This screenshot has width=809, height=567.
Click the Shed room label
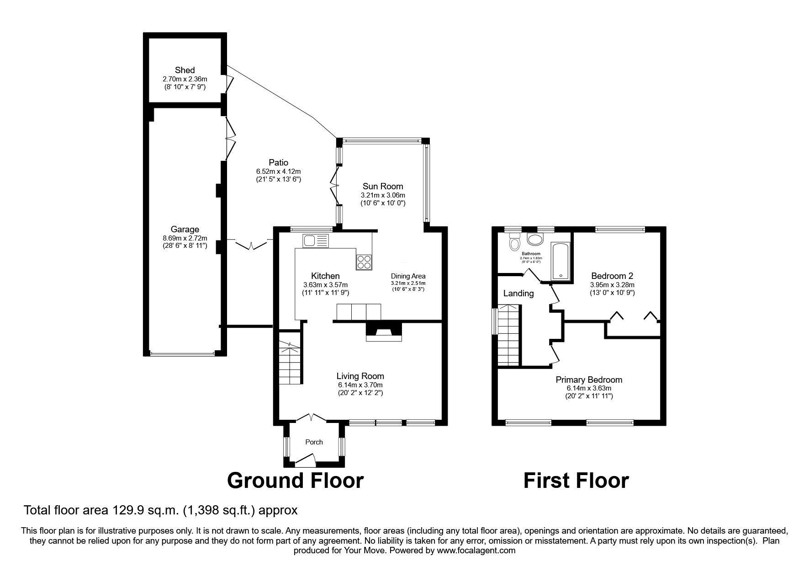point(185,70)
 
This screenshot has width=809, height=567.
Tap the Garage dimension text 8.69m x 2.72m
point(185,238)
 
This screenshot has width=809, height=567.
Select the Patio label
point(278,162)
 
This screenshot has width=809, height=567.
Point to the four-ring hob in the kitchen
point(364,262)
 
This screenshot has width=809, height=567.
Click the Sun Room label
point(383,186)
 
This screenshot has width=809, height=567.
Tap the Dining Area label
point(408,276)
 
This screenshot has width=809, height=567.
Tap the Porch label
point(314,442)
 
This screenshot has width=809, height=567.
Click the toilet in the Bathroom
point(515,242)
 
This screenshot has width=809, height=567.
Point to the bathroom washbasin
point(534,239)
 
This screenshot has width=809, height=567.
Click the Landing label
point(518,293)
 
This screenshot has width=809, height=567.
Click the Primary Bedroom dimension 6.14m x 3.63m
point(589,388)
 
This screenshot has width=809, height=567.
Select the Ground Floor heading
point(295,481)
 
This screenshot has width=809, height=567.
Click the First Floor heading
point(576,481)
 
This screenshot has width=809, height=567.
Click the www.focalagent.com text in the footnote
point(476,551)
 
